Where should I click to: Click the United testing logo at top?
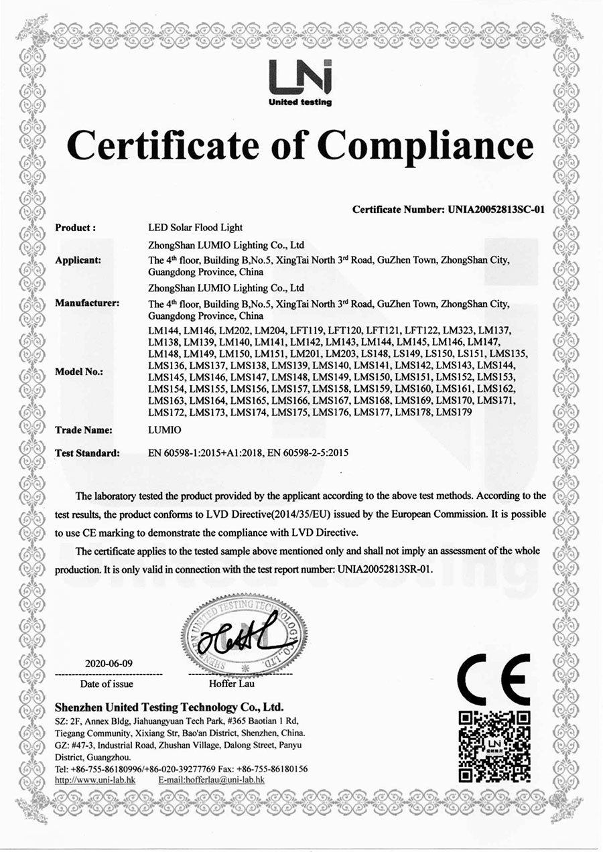click(x=299, y=82)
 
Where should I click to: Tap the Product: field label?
click(x=75, y=228)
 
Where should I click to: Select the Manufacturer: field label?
click(x=86, y=303)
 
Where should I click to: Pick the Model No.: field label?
click(x=78, y=372)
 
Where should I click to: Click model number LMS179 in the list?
click(x=454, y=412)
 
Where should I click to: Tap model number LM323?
click(x=458, y=330)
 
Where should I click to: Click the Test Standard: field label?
click(x=87, y=453)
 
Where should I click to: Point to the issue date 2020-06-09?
click(x=109, y=663)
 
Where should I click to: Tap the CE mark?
click(x=495, y=679)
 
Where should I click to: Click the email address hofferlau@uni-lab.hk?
click(x=212, y=780)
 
